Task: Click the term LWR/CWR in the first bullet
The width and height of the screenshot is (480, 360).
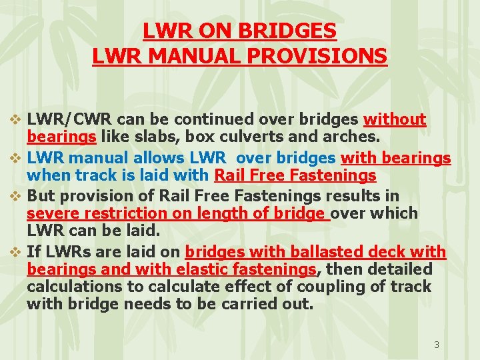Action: coord(70,119)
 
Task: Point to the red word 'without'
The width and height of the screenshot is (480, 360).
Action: coord(395,119)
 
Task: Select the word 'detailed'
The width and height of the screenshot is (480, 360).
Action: coord(400,269)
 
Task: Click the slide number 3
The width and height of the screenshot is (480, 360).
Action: coord(437,345)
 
